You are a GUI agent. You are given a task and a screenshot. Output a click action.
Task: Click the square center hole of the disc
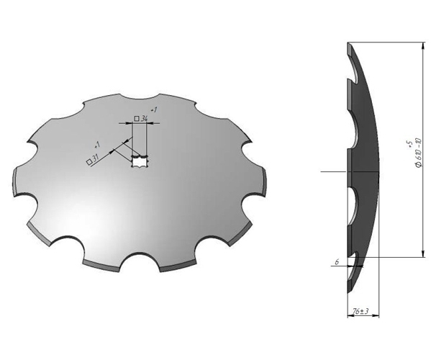point(140,162)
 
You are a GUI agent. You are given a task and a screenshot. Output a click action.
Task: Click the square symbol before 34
point(136,118)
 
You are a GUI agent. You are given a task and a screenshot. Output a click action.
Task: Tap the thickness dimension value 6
point(335,262)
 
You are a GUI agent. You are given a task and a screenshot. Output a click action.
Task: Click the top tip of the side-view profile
point(348,43)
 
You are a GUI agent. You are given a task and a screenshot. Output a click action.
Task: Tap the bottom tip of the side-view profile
point(350,294)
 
